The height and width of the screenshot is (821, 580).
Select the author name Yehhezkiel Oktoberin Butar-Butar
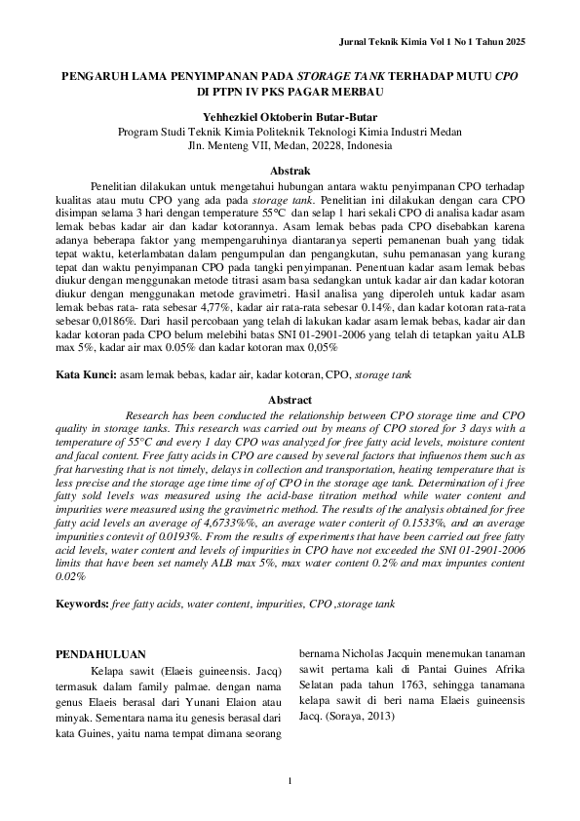point(290,116)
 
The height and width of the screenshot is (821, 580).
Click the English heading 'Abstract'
point(290,400)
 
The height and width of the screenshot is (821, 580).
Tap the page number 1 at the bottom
point(290,779)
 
